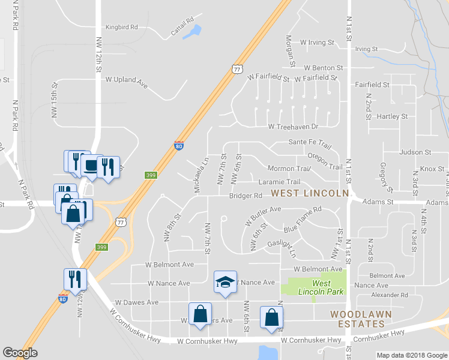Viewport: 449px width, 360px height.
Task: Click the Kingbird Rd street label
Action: (x=122, y=27)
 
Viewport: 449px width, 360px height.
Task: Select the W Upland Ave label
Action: (x=126, y=79)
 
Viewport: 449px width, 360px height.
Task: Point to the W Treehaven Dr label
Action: (x=293, y=127)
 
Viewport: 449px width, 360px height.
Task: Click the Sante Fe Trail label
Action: (x=310, y=144)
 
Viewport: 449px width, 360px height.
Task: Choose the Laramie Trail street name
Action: (x=279, y=182)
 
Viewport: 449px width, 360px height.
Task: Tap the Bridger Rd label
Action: (x=246, y=196)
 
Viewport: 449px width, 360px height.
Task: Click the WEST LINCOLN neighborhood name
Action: (x=309, y=193)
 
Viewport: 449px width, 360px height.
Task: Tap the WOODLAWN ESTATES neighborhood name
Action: (x=360, y=319)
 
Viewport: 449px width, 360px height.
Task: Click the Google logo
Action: (x=20, y=353)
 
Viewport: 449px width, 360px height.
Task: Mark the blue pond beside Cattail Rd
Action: (x=192, y=32)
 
